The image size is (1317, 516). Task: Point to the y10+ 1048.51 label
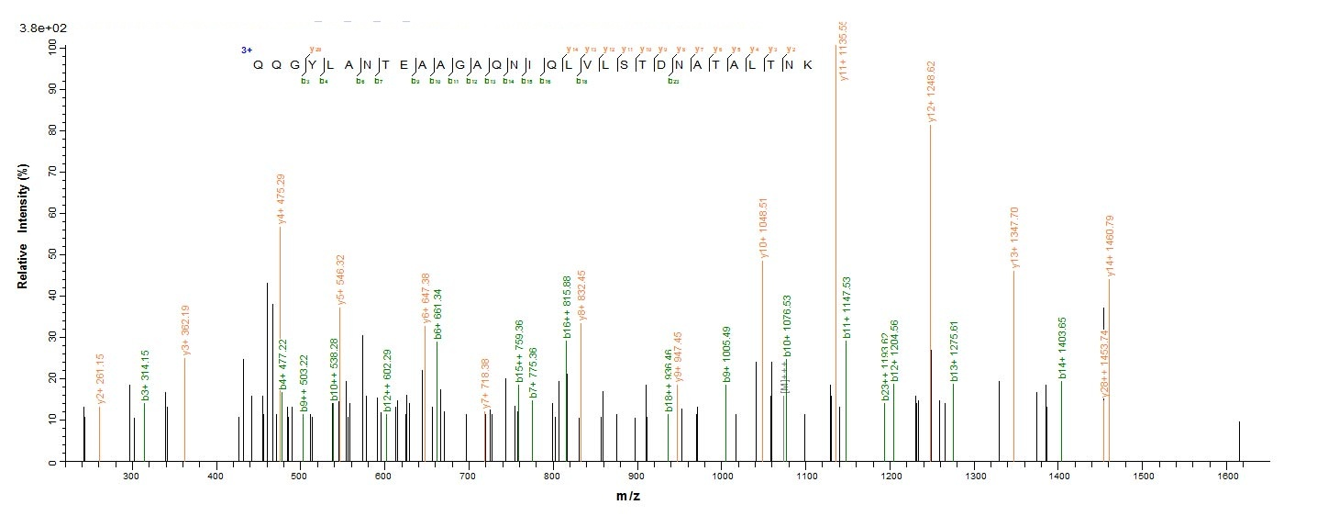tap(763, 230)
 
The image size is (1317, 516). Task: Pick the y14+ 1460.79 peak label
tap(1110, 246)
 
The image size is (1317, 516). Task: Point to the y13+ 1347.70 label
tap(1014, 239)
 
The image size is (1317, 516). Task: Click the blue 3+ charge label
tap(246, 50)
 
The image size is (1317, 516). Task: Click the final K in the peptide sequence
tap(806, 64)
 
